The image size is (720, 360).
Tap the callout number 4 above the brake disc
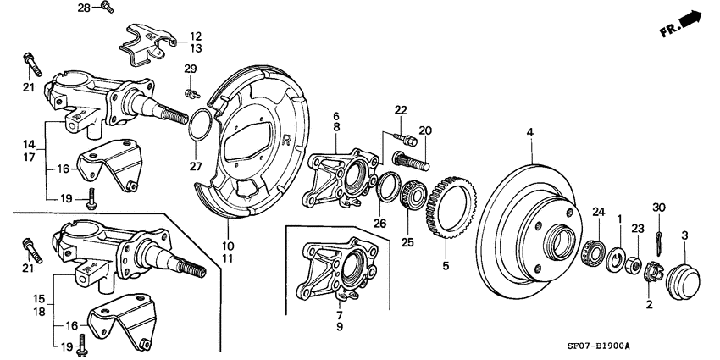pos(529,132)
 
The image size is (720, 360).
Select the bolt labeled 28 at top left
pos(107,8)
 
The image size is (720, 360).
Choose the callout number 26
pos(379,224)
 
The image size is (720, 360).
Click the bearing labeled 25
pos(413,194)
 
